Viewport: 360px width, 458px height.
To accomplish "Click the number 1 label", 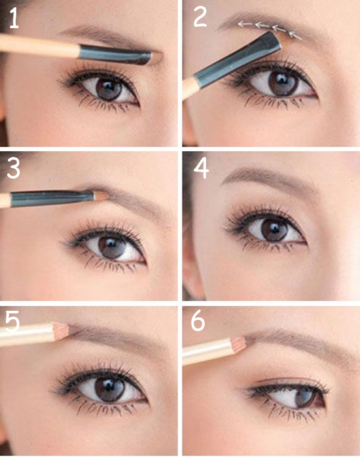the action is tap(14, 18).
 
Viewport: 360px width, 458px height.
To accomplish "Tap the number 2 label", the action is tap(200, 17).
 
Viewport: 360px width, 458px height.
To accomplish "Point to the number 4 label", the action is tap(201, 169).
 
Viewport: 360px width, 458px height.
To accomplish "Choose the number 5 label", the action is tap(12, 321).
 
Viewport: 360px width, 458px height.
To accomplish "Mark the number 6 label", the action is tap(198, 321).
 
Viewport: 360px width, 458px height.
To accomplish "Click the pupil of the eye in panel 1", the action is tap(109, 88).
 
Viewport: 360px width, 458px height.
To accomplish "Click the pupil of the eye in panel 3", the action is tap(111, 247).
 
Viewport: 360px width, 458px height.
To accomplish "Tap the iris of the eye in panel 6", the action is tap(306, 396).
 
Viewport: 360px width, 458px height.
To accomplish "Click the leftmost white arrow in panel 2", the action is tap(245, 24).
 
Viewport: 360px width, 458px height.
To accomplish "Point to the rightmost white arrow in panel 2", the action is tap(296, 35).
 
